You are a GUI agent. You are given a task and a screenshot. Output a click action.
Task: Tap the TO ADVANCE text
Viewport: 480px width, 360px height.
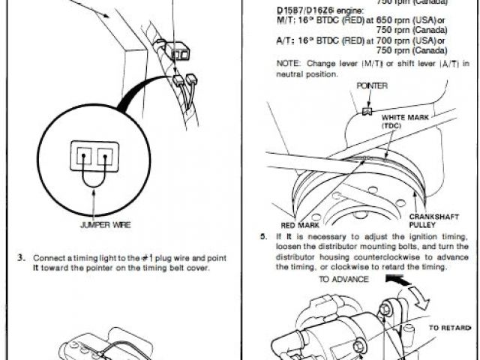coord(343,279)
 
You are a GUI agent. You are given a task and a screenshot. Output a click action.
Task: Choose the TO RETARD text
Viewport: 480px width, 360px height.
coord(450,328)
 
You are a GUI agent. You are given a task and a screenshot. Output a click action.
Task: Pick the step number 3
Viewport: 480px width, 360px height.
coord(21,259)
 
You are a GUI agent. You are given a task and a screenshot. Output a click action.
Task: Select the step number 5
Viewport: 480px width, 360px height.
coord(264,236)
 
